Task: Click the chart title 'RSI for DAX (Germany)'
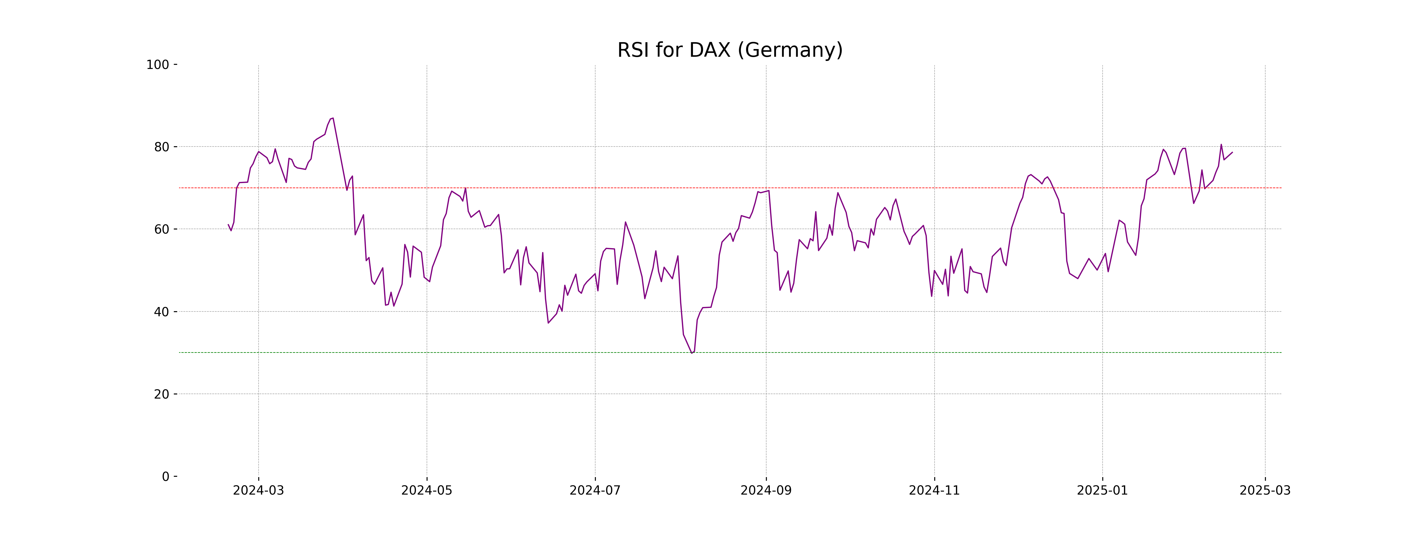pyautogui.click(x=730, y=51)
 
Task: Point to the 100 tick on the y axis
pyautogui.click(x=158, y=65)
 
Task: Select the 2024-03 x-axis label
pyautogui.click(x=258, y=491)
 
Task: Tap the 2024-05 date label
pyautogui.click(x=427, y=491)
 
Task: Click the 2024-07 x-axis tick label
pyautogui.click(x=595, y=491)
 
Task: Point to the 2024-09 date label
pyautogui.click(x=766, y=491)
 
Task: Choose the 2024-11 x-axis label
pyautogui.click(x=934, y=491)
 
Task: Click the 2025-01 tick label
pyautogui.click(x=1103, y=491)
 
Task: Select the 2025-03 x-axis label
pyautogui.click(x=1265, y=491)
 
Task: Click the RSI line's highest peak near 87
pyautogui.click(x=332, y=118)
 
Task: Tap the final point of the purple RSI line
pyautogui.click(x=1232, y=152)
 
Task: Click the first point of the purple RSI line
pyautogui.click(x=228, y=225)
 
